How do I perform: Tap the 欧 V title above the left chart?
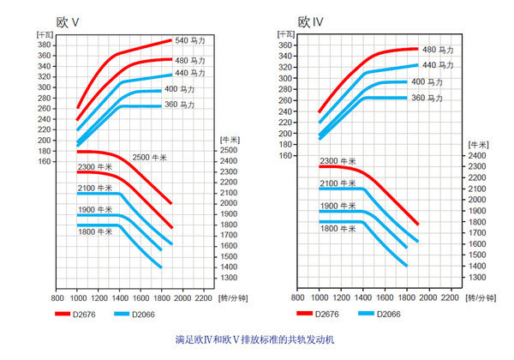click(68, 21)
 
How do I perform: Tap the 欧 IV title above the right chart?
click(310, 21)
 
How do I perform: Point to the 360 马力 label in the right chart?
click(427, 99)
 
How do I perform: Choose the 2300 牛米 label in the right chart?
click(337, 160)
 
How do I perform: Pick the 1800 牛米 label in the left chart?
click(93, 231)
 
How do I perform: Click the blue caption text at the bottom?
click(256, 340)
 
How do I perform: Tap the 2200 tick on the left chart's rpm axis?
click(203, 298)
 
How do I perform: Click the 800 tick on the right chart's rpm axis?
click(298, 298)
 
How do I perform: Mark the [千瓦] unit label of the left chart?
click(45, 32)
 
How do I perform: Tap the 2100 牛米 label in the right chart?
click(337, 183)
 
